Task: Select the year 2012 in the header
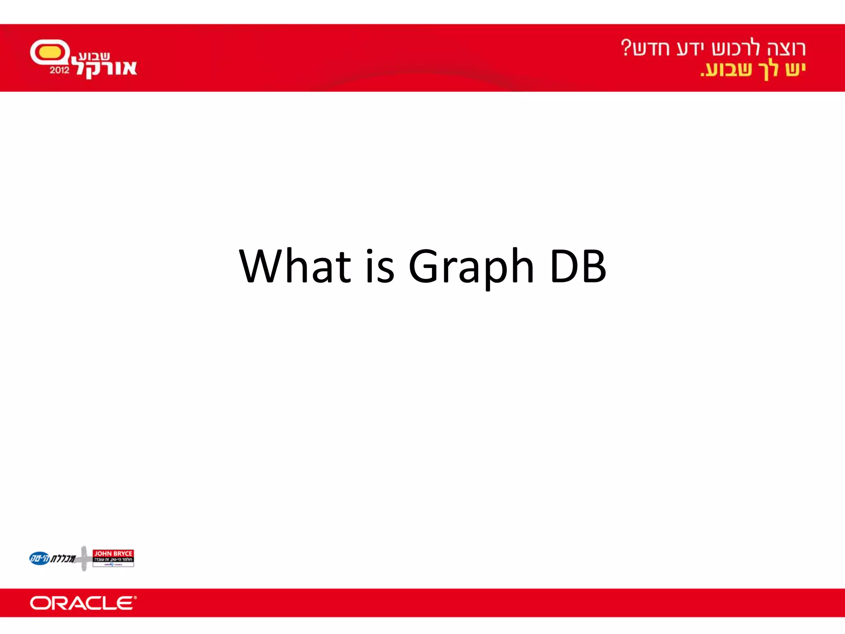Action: [x=60, y=70]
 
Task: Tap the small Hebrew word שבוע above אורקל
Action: [x=94, y=56]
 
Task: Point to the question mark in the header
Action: [x=626, y=47]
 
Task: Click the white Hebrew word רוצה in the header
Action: [x=786, y=49]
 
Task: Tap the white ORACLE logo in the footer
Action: [x=83, y=603]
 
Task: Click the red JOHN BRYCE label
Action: [x=113, y=554]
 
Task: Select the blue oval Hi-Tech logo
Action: [x=40, y=558]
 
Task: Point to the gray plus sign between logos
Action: [x=84, y=558]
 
